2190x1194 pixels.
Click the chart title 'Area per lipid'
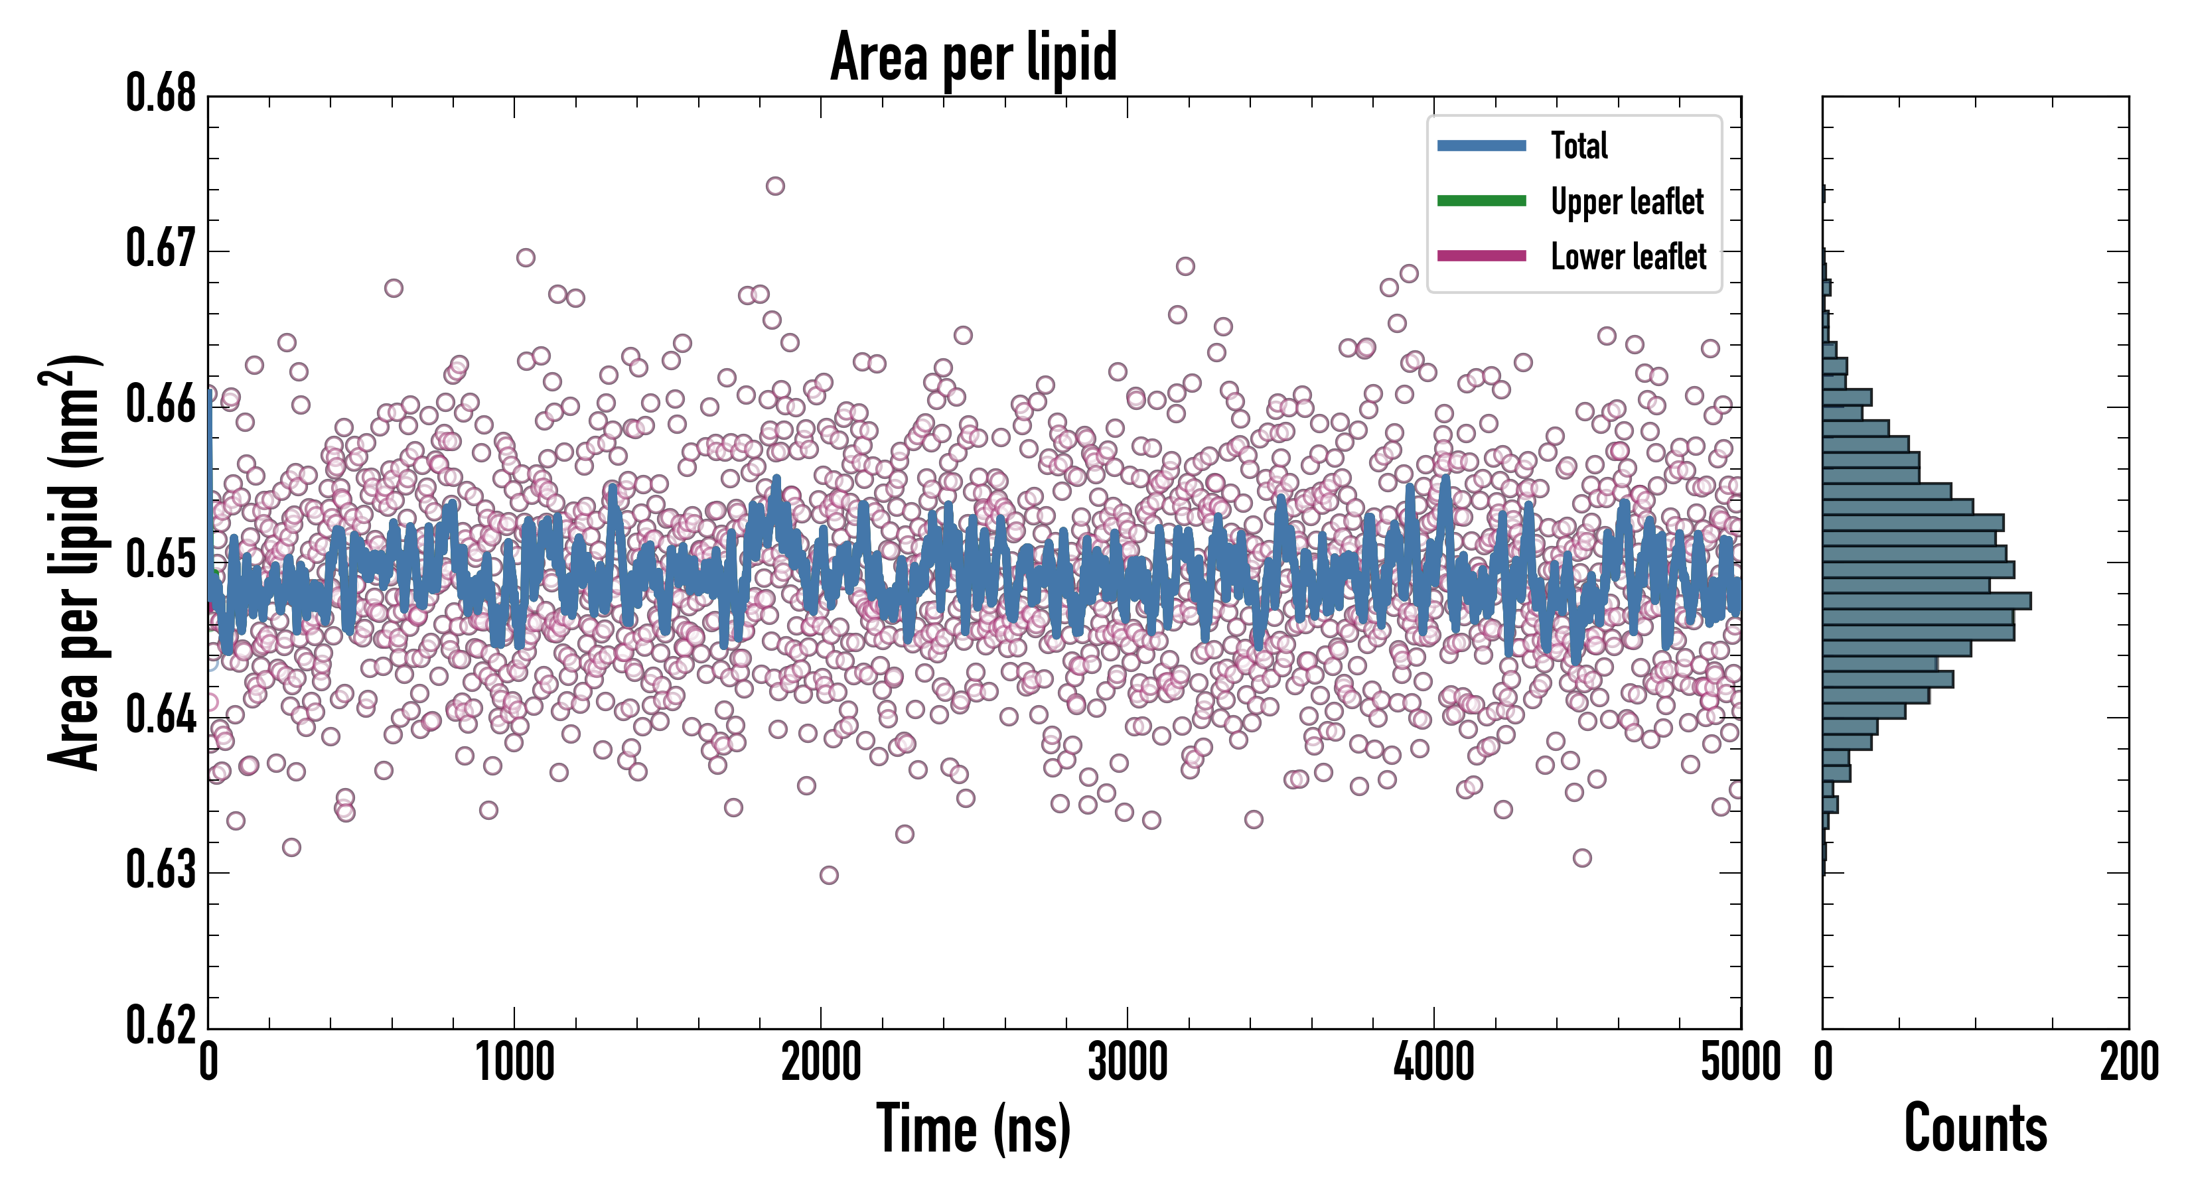point(974,57)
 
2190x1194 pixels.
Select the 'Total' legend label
point(1579,146)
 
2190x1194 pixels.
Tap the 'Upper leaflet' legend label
point(1627,202)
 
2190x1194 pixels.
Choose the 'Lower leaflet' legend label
point(1628,257)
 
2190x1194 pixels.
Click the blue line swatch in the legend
point(1481,146)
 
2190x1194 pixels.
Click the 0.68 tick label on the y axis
point(161,94)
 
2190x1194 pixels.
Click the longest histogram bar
point(1927,602)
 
